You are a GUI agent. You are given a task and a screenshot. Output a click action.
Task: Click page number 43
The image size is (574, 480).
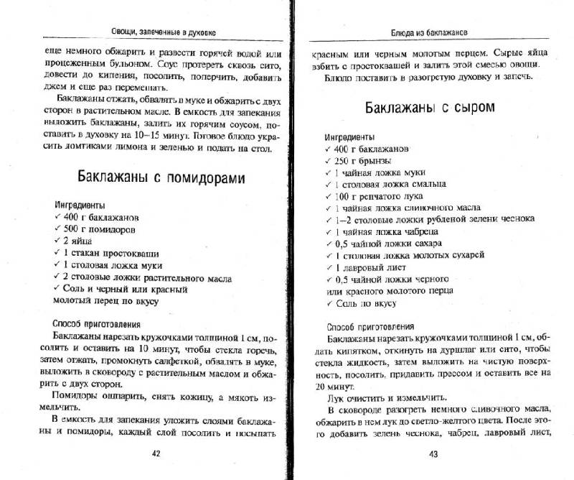coord(433,453)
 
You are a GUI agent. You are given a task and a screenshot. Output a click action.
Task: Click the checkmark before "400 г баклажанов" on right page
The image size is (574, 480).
coord(329,148)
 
